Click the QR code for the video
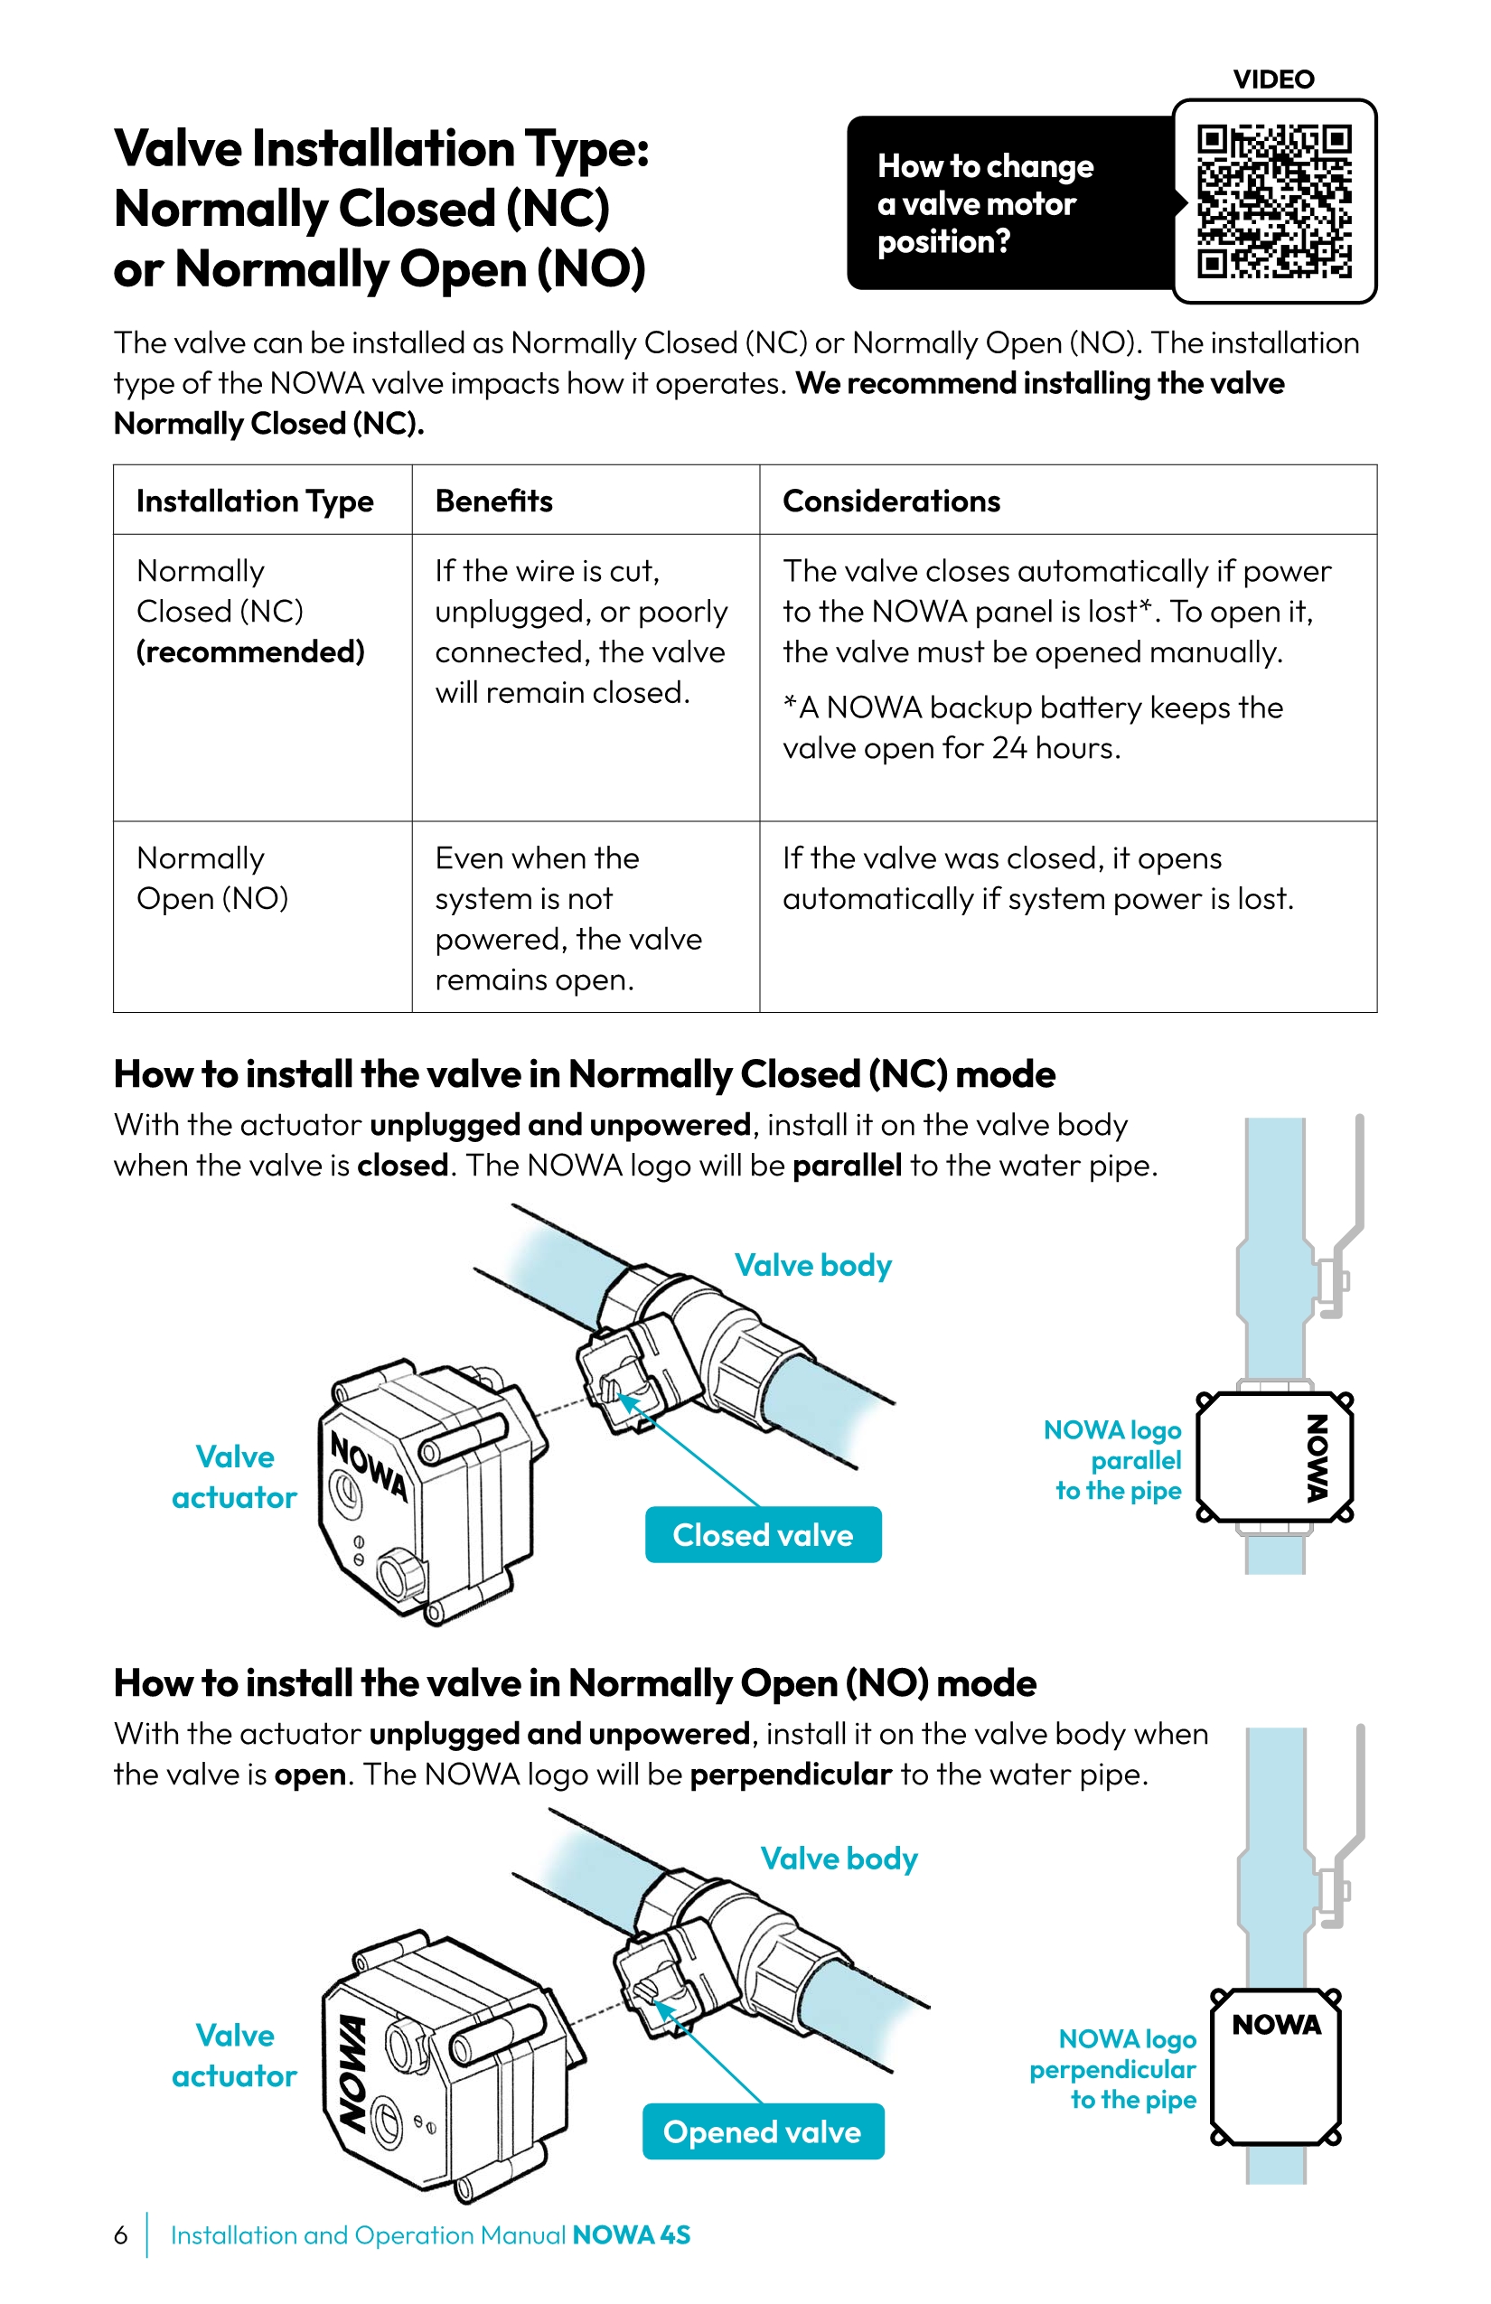(1273, 201)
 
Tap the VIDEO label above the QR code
(1273, 80)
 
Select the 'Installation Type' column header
(255, 501)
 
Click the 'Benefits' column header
(493, 501)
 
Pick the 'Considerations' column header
(891, 501)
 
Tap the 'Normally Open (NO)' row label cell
(213, 878)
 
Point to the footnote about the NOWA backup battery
(1032, 727)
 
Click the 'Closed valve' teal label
(763, 1534)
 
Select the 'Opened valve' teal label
(763, 2131)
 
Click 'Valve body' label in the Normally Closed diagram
(812, 1264)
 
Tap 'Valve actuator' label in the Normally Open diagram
(234, 2055)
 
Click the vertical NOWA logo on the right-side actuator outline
(1317, 1458)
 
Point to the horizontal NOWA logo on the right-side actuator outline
(1276, 2024)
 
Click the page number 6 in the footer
(120, 2234)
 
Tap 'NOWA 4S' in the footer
(632, 2234)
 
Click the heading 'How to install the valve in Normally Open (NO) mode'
(575, 1682)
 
